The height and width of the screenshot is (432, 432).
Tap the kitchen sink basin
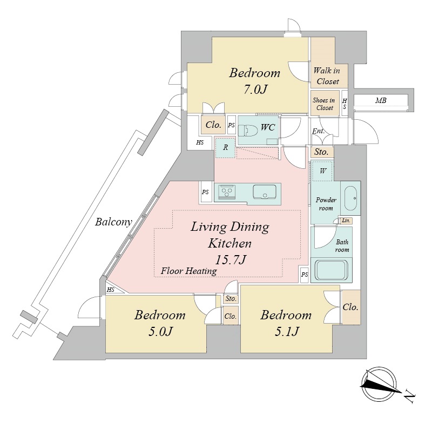click(x=265, y=191)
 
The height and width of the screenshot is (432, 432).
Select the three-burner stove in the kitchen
click(x=227, y=191)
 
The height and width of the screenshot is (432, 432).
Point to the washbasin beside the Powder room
click(x=350, y=198)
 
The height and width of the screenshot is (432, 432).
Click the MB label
click(x=381, y=100)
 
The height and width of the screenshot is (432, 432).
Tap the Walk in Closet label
click(x=327, y=76)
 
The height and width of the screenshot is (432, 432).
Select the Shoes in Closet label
click(x=324, y=104)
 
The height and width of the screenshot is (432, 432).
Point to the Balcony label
click(x=113, y=222)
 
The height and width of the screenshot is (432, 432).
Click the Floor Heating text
click(x=188, y=271)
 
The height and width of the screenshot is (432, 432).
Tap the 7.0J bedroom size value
click(x=255, y=90)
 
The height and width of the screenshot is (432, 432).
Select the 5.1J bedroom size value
click(x=287, y=332)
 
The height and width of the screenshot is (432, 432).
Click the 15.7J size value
click(x=231, y=259)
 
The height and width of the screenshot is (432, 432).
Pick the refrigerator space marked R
click(x=225, y=148)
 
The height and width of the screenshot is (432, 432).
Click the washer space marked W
click(x=322, y=171)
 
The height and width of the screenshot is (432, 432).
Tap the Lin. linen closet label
click(x=346, y=221)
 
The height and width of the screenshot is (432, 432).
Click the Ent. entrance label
click(x=319, y=131)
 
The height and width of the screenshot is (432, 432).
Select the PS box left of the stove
click(x=205, y=193)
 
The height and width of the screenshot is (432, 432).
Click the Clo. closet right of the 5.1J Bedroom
click(x=350, y=307)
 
